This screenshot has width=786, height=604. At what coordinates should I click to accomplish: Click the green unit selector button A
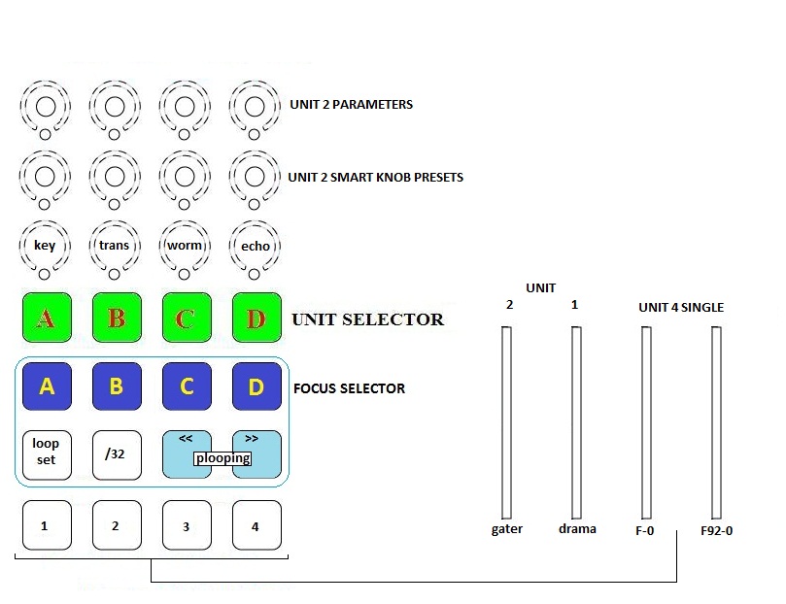[x=45, y=318]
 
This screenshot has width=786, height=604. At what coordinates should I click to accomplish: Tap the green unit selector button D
[x=256, y=318]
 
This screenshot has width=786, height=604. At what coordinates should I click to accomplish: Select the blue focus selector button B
[x=116, y=386]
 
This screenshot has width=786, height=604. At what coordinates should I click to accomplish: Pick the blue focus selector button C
[x=187, y=386]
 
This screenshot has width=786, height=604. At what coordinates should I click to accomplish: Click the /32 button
[x=116, y=454]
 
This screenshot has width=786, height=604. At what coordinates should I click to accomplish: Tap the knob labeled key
[x=45, y=246]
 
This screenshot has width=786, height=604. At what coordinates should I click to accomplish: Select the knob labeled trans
[x=115, y=246]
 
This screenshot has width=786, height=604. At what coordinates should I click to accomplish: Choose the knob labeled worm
[x=185, y=246]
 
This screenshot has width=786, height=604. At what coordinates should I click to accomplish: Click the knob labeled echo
[x=256, y=246]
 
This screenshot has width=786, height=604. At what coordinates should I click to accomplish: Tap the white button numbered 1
[x=45, y=525]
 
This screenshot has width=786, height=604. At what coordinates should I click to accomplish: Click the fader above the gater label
[x=505, y=422]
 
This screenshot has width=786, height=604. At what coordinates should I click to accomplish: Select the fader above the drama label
[x=576, y=422]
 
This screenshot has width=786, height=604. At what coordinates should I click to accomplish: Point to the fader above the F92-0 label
[x=716, y=422]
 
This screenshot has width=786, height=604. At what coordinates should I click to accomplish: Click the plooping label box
[x=222, y=458]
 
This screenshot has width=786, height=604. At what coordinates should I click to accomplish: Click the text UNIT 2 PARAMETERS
[x=351, y=105]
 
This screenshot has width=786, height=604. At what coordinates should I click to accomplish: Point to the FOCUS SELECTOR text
[x=349, y=388]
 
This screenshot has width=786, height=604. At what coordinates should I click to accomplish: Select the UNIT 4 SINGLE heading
[x=681, y=308]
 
